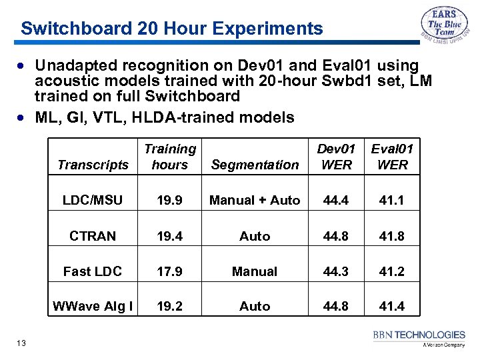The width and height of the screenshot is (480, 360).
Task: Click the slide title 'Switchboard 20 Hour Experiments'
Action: pyautogui.click(x=171, y=29)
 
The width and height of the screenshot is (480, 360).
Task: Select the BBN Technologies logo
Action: pyautogui.click(x=419, y=338)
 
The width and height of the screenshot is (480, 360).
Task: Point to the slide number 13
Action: pyautogui.click(x=21, y=343)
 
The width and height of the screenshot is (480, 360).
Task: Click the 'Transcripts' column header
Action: pyautogui.click(x=93, y=165)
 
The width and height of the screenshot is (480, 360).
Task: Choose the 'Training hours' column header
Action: pyautogui.click(x=170, y=157)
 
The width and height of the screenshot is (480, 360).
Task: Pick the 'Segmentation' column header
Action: pyautogui.click(x=255, y=165)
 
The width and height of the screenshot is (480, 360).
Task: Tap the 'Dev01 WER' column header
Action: pyautogui.click(x=336, y=157)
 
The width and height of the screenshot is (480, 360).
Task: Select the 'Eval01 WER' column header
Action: pyautogui.click(x=392, y=157)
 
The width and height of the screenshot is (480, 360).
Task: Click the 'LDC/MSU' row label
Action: pyautogui.click(x=93, y=200)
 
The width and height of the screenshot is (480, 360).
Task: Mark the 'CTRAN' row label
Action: pyautogui.click(x=93, y=236)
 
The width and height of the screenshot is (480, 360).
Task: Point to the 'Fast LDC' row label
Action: pyautogui.click(x=93, y=271)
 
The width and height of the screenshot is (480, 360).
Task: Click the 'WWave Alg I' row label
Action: pyautogui.click(x=93, y=306)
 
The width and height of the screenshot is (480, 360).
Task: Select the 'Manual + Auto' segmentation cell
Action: pyautogui.click(x=255, y=200)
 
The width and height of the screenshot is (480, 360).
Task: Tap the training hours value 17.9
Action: pyautogui.click(x=170, y=271)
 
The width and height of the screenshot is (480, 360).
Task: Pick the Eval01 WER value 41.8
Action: pyautogui.click(x=392, y=236)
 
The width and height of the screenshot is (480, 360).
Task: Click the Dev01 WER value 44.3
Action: pyautogui.click(x=336, y=271)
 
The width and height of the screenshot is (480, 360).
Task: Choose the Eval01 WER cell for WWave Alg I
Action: pyautogui.click(x=392, y=306)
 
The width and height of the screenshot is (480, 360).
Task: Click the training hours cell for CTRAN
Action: pyautogui.click(x=170, y=236)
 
